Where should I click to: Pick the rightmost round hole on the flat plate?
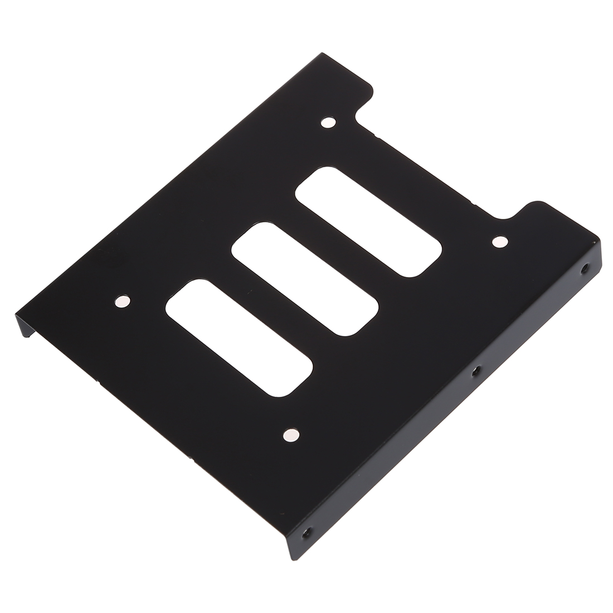(500, 241)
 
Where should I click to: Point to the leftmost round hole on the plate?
(122, 301)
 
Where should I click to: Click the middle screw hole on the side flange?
(475, 370)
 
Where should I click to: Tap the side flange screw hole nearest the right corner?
(584, 269)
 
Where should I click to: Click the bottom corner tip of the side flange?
(293, 559)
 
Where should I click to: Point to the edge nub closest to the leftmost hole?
(99, 382)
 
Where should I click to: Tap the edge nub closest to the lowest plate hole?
(192, 460)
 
